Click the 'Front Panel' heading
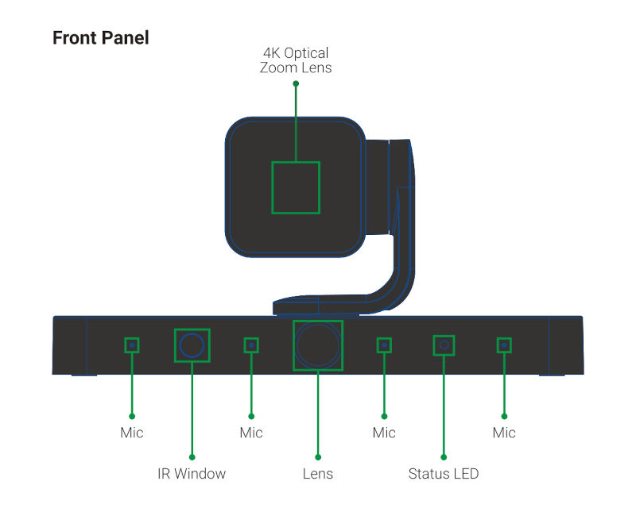pos(101,37)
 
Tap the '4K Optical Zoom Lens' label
pos(296,60)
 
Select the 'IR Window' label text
pos(192,474)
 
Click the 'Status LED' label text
pos(444,474)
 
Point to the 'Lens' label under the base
pos(317,474)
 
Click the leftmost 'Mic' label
pos(132,433)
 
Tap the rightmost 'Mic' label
pos(504,433)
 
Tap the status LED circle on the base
pos(444,344)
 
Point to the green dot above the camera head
pos(296,83)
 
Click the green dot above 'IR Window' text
pos(192,457)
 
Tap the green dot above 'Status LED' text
pos(444,457)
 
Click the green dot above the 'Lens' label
pos(318,457)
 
